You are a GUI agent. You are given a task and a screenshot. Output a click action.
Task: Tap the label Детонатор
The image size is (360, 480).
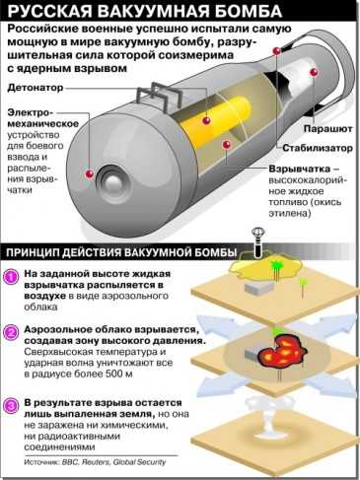(36, 88)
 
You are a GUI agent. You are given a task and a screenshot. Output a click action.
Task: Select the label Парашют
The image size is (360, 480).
(327, 128)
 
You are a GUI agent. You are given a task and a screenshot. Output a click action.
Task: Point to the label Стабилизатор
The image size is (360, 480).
(318, 148)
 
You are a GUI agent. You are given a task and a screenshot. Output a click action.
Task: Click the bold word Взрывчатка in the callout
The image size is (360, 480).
(300, 169)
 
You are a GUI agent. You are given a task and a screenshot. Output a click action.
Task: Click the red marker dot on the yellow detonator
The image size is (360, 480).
(206, 120)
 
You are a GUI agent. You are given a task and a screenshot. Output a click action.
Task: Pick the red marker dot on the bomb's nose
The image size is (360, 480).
(90, 174)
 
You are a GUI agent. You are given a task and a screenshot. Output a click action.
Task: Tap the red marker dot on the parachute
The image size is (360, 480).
(314, 72)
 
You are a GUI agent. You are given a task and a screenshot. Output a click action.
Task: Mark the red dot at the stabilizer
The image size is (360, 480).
(277, 51)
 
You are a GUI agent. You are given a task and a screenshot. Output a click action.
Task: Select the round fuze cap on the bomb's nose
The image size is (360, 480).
(112, 181)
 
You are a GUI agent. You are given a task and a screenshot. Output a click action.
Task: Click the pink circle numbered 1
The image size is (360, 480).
(12, 277)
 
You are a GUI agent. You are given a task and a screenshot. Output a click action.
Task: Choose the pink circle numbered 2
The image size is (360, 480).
(12, 333)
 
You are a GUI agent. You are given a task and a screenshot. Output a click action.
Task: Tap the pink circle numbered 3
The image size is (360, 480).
(12, 406)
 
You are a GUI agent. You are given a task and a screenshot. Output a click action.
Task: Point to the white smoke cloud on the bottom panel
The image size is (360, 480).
(263, 419)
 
